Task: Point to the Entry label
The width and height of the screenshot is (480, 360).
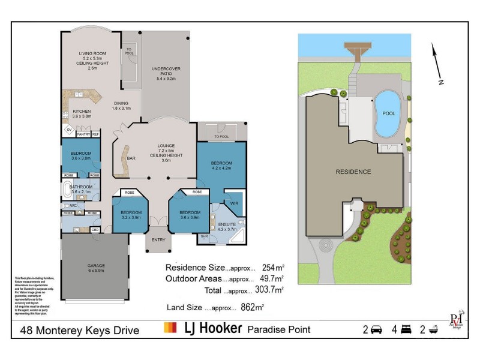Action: [x=158, y=240]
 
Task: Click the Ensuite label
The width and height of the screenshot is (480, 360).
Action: [x=227, y=223]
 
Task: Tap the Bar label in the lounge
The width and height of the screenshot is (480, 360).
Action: [x=131, y=158]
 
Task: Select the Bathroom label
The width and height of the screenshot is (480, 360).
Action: [x=81, y=187]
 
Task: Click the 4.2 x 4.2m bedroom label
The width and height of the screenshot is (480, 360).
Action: [x=220, y=164]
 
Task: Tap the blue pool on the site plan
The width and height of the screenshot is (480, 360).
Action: [x=388, y=115]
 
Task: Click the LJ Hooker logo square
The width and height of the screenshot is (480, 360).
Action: [x=170, y=328]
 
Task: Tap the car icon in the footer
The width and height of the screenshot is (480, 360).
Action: [x=376, y=329]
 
